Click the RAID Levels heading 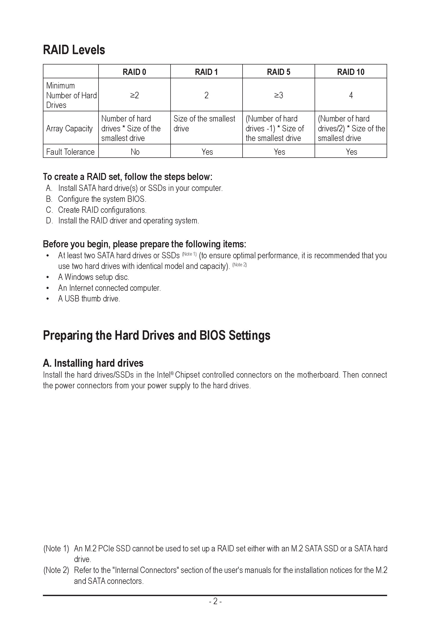click(74, 50)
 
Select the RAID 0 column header click(134, 72)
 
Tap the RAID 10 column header click(350, 72)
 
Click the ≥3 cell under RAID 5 click(278, 95)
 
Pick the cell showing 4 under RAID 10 click(351, 95)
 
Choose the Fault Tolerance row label click(70, 152)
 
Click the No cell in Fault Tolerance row click(135, 152)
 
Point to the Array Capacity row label click(69, 128)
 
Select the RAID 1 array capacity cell click(204, 124)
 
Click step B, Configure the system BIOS click(102, 199)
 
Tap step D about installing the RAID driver click(128, 221)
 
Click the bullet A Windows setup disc click(93, 277)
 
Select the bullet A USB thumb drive click(89, 299)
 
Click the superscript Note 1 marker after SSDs click(189, 254)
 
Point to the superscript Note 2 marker click(239, 264)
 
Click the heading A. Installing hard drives click(93, 363)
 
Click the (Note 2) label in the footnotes click(56, 570)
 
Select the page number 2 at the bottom click(215, 601)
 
